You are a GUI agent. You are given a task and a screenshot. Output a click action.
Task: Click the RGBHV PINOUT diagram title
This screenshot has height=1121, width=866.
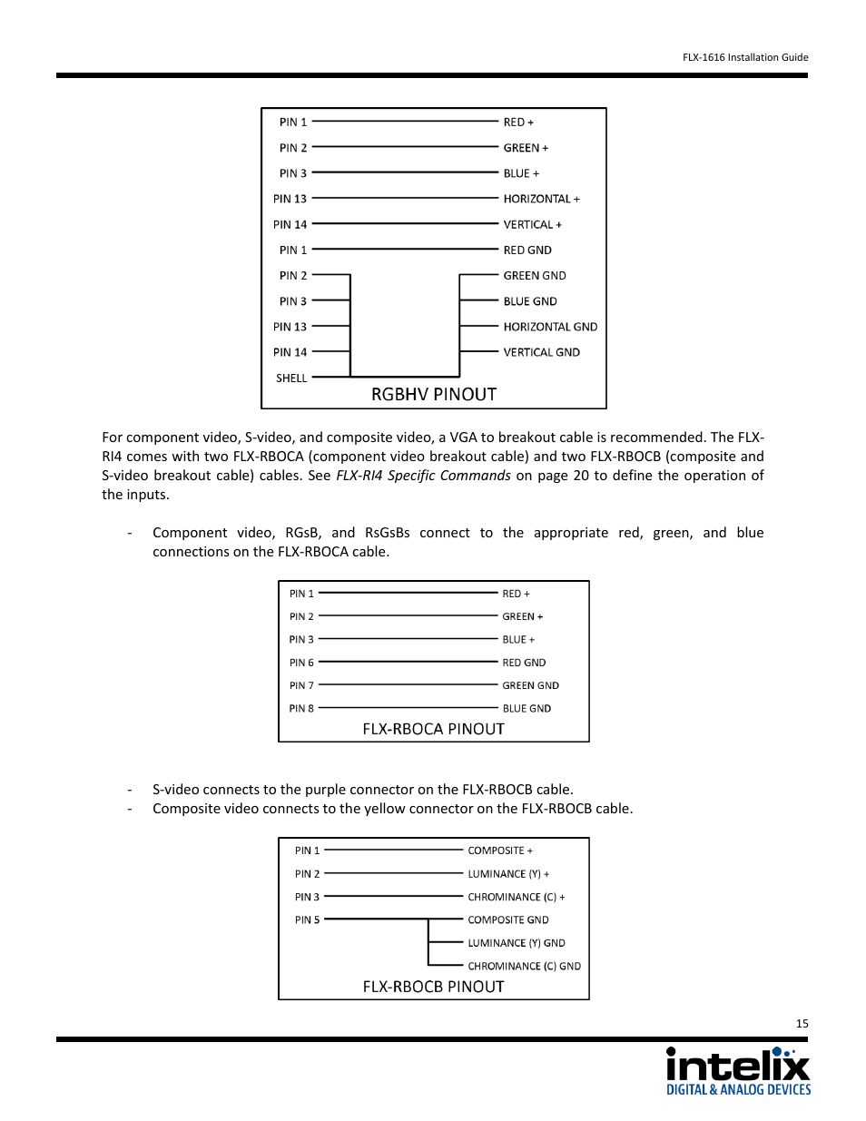tap(434, 394)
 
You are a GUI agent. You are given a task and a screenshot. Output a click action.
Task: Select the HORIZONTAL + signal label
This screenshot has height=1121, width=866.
tap(541, 199)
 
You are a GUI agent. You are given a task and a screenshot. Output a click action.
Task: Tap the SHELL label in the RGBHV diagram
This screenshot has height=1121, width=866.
tap(291, 379)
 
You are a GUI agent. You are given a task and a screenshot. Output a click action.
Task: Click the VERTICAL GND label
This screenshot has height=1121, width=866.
tap(541, 352)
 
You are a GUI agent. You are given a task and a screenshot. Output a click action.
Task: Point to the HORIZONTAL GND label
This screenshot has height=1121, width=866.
tap(550, 327)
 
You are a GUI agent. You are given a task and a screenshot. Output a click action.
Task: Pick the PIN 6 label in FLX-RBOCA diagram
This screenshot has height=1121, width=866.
tap(301, 663)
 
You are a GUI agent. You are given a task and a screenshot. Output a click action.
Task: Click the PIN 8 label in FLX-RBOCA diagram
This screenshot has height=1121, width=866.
tap(301, 709)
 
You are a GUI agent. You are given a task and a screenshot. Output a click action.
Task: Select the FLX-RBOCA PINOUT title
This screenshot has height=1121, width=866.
tap(433, 729)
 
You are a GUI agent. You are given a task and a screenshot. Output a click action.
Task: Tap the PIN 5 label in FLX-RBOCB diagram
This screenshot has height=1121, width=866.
tap(307, 920)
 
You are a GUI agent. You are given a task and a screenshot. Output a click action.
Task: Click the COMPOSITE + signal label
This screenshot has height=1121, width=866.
tap(500, 851)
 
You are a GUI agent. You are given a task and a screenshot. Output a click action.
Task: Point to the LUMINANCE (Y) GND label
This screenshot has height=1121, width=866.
tap(517, 943)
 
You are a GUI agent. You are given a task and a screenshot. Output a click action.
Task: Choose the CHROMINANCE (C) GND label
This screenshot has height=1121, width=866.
tap(524, 967)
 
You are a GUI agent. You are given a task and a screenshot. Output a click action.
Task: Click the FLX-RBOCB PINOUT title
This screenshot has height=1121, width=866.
tap(433, 987)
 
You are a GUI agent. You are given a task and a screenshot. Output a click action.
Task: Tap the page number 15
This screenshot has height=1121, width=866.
tap(802, 1024)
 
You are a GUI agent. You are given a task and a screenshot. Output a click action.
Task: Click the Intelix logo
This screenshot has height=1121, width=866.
tap(738, 1071)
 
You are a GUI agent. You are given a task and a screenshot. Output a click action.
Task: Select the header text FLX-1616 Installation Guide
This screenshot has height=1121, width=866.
tap(745, 57)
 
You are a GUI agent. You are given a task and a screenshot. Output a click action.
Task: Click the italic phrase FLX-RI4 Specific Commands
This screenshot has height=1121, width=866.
tap(423, 476)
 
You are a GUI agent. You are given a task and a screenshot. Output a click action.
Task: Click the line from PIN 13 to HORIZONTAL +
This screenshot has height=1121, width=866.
tap(405, 199)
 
